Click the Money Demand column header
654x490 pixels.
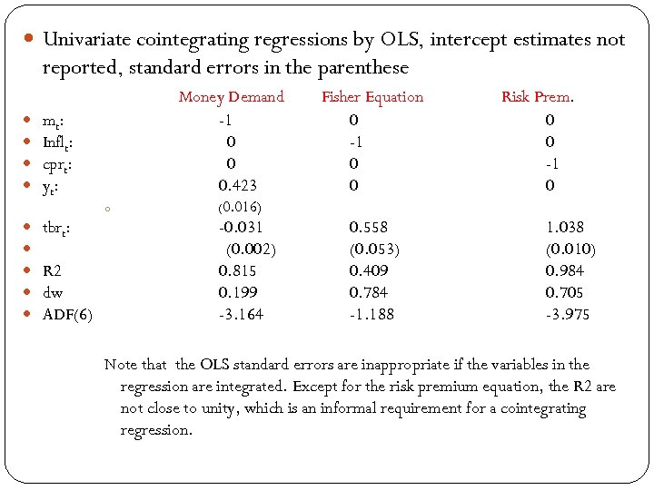coord(231,97)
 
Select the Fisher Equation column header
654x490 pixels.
coord(372,97)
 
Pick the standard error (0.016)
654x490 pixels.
coord(237,207)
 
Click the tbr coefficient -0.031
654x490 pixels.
coord(240,227)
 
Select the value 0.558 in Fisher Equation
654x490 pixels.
coord(369,227)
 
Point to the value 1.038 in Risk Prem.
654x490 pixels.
coord(564,227)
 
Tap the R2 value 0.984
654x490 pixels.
coord(564,270)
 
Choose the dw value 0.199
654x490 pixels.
coord(237,292)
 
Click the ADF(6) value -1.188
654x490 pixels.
coord(372,315)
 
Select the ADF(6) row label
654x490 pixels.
coord(68,315)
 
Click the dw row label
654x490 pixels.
coord(53,292)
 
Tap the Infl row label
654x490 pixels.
coord(58,142)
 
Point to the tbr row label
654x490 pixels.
coord(57,228)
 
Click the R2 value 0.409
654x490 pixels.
coord(369,270)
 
